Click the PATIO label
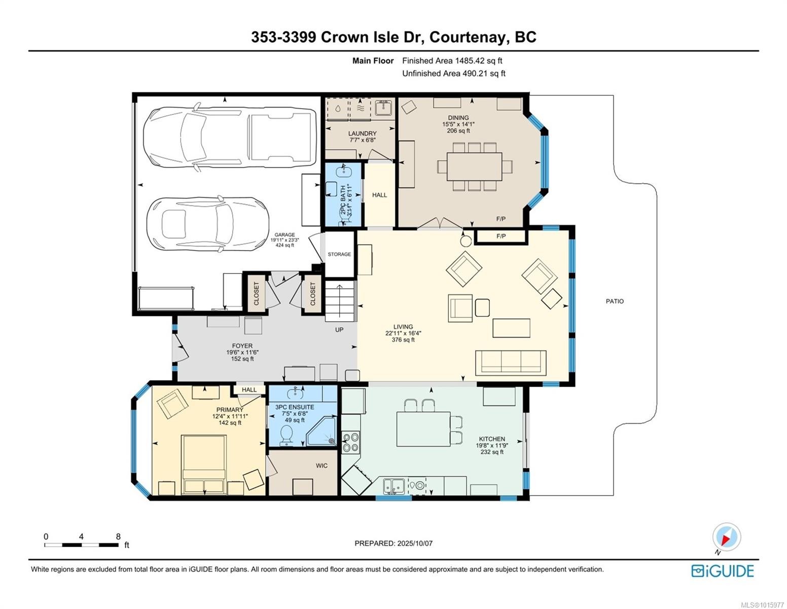pyautogui.click(x=615, y=301)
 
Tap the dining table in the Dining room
pyautogui.click(x=474, y=166)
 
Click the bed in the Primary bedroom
pyautogui.click(x=204, y=463)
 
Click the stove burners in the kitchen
pyautogui.click(x=351, y=442)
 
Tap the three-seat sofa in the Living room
pyautogui.click(x=511, y=362)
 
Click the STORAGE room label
pyautogui.click(x=339, y=254)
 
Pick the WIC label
pyautogui.click(x=321, y=465)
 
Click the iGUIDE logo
pyautogui.click(x=722, y=571)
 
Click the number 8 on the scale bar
pyautogui.click(x=118, y=536)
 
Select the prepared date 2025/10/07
pyautogui.click(x=414, y=543)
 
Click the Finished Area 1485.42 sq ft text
pyautogui.click(x=452, y=60)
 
